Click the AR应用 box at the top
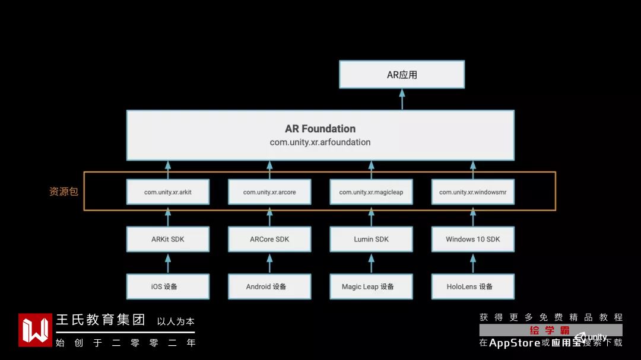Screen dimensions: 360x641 pos(402,75)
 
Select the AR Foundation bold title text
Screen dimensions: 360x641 pos(320,129)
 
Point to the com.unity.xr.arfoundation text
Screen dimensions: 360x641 pos(320,142)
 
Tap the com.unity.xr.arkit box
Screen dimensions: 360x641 pos(168,192)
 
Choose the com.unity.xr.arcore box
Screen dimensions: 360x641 pos(269,192)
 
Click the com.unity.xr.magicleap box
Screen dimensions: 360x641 pos(371,192)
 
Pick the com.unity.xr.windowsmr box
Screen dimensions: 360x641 pos(472,192)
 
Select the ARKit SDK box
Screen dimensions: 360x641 pos(168,239)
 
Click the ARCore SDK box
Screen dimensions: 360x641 pos(269,239)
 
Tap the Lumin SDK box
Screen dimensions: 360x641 pos(371,239)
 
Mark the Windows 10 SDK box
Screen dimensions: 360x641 pos(472,239)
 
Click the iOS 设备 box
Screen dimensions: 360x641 pos(168,286)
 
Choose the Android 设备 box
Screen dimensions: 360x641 pos(269,286)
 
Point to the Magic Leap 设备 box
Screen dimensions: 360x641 pos(371,286)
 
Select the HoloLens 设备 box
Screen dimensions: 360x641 pos(472,286)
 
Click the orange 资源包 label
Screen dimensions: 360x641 pos(64,192)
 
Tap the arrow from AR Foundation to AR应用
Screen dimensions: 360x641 pos(402,99)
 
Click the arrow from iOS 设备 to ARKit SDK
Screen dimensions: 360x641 pos(168,263)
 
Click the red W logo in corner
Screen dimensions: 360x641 pos(35,330)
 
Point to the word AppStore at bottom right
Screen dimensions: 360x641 pos(515,343)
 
